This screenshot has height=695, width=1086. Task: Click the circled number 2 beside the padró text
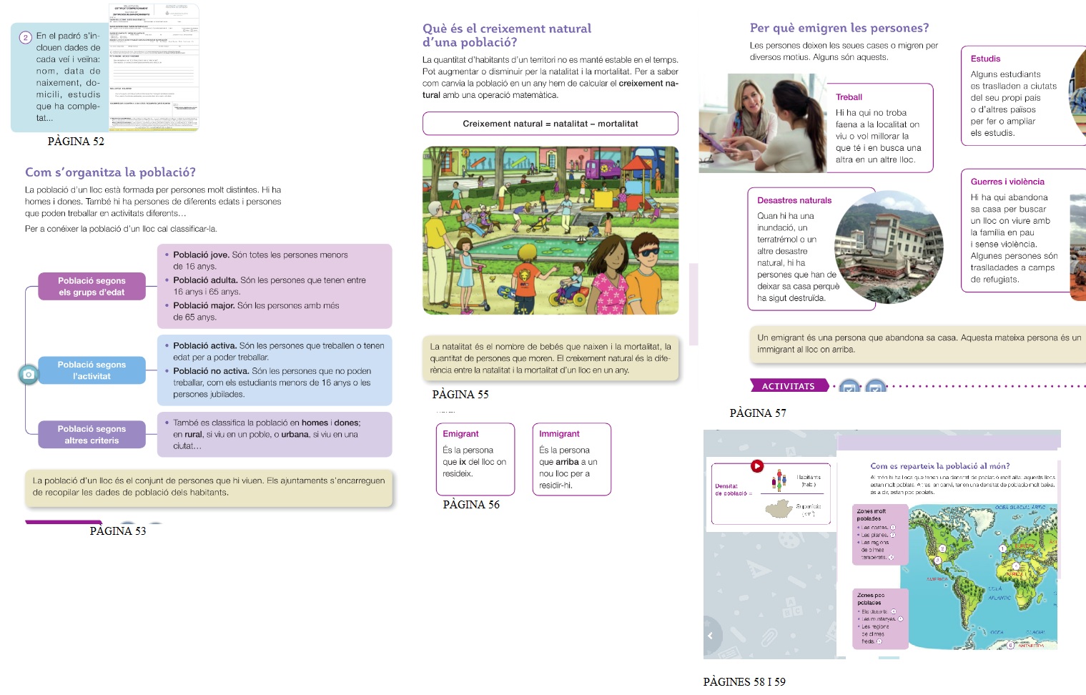(x=25, y=37)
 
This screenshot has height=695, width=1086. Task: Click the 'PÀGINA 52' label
(x=76, y=142)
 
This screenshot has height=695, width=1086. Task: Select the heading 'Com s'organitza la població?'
(x=110, y=172)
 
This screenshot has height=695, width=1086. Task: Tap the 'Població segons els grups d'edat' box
(x=92, y=286)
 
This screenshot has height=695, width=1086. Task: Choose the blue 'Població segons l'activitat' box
(x=92, y=370)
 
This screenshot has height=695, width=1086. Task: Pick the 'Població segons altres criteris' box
(x=92, y=434)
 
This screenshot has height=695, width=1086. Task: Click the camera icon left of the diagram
(x=28, y=374)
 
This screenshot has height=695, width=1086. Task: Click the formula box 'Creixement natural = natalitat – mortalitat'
(x=550, y=124)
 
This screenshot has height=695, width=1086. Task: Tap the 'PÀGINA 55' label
(x=460, y=395)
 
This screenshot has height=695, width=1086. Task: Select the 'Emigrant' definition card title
(x=460, y=434)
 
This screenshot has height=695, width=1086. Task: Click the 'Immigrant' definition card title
(x=559, y=434)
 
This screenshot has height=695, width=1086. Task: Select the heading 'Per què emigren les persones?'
(x=839, y=28)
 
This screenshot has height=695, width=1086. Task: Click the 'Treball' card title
(x=849, y=97)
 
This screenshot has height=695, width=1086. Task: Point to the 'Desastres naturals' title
(x=794, y=200)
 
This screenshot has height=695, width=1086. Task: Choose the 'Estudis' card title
(x=985, y=59)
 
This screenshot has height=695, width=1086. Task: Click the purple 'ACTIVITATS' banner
(x=788, y=386)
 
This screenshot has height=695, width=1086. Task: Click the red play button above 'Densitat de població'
(x=756, y=466)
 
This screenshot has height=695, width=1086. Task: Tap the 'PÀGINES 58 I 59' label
(x=744, y=682)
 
